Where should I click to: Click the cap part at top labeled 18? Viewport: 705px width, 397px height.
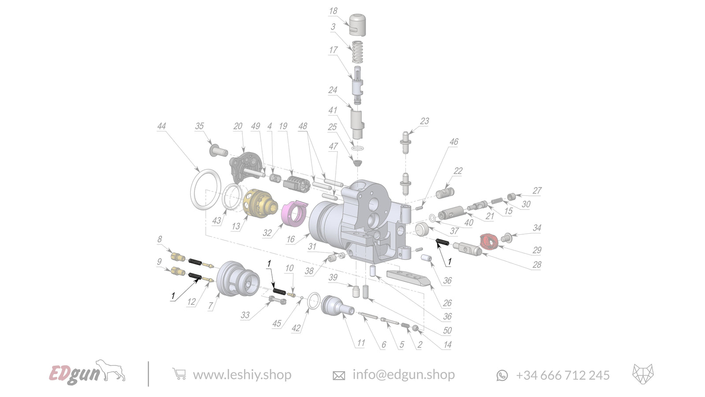(357, 25)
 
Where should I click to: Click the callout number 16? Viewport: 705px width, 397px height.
(290, 240)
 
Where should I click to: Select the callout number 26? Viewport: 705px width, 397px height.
(447, 303)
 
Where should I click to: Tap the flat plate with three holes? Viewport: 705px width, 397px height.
(408, 277)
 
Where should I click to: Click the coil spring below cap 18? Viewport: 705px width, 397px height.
(357, 52)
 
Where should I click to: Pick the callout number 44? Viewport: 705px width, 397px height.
(161, 126)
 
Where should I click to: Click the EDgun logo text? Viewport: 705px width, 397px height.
(74, 374)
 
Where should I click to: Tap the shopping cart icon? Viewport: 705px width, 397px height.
(179, 374)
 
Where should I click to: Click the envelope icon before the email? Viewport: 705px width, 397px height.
(338, 375)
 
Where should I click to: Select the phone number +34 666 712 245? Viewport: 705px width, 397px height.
(562, 375)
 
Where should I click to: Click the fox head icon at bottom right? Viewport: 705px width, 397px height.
(643, 374)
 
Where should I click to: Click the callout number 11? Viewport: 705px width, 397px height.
(361, 343)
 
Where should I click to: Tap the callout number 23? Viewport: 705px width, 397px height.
(424, 121)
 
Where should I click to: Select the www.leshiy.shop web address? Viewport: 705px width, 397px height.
(242, 375)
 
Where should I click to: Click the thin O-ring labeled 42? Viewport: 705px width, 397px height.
(313, 302)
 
